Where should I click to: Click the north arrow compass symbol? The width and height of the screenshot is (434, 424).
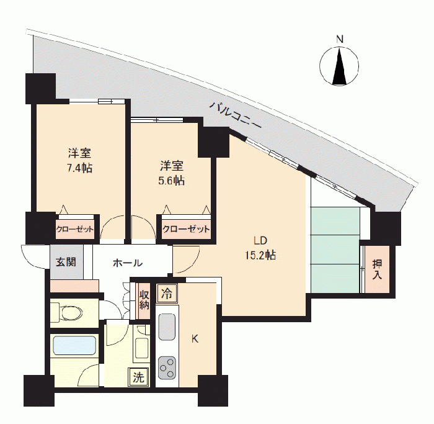point(339,66)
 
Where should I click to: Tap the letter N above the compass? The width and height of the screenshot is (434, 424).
point(340,39)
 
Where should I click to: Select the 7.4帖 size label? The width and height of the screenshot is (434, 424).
point(80,168)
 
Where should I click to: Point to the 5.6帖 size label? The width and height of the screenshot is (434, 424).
point(172,181)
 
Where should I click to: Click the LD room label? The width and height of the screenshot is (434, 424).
point(260,240)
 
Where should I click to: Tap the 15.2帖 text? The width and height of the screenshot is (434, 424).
point(260,255)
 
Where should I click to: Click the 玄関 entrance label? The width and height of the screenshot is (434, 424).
point(66,262)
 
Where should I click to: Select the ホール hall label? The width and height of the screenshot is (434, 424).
point(128,263)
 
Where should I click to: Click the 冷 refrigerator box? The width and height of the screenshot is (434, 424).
point(167,294)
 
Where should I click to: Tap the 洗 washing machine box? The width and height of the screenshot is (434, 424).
point(138,377)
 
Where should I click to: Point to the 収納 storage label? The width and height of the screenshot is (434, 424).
point(144,300)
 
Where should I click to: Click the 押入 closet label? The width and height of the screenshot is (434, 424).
point(377,269)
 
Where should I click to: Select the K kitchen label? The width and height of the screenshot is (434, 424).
point(195,338)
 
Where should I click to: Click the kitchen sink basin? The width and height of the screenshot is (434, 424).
point(167,327)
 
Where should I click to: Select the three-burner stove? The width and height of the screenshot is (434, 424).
point(167,368)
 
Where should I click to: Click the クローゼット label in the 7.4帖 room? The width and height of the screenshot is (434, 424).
point(75,230)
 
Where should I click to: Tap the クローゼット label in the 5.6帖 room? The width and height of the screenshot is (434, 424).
point(186,229)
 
